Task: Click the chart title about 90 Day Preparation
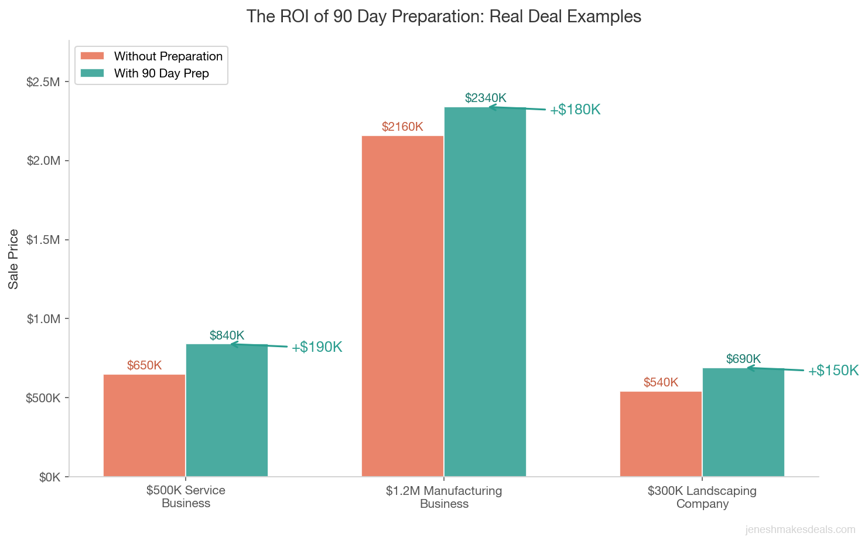(x=443, y=16)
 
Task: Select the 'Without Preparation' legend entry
(x=168, y=56)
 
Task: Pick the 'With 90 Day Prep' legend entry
(x=161, y=73)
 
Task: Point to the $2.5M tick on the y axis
(x=43, y=82)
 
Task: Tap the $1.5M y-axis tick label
(x=43, y=240)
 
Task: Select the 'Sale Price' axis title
(x=13, y=259)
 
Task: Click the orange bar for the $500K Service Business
(x=144, y=425)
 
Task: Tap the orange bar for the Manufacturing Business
(x=402, y=306)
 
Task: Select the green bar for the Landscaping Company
(x=743, y=422)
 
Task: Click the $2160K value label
(x=402, y=127)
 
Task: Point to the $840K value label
(x=227, y=335)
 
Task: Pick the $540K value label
(x=661, y=382)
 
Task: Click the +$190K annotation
(x=317, y=347)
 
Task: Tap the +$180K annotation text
(x=575, y=110)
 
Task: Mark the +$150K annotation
(x=833, y=371)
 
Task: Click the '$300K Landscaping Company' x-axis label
(x=702, y=497)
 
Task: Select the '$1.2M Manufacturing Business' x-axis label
(x=444, y=497)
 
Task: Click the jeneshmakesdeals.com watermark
(x=800, y=530)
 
